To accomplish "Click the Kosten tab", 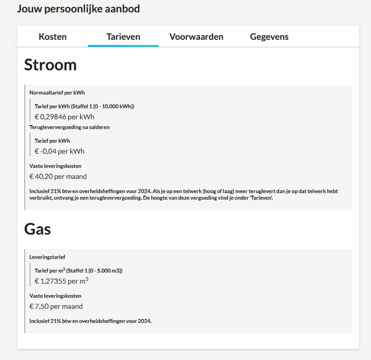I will click(x=52, y=37).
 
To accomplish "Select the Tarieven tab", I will click(x=123, y=37).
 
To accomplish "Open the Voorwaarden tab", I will click(x=196, y=37).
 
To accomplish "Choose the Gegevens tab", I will click(x=269, y=37).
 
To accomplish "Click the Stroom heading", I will click(x=50, y=65).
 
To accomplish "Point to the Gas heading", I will click(x=37, y=229).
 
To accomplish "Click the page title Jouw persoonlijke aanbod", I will click(x=78, y=9).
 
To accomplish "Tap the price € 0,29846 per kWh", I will click(x=64, y=117).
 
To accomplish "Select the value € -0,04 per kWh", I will click(x=59, y=151).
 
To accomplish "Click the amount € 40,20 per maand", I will click(x=58, y=176).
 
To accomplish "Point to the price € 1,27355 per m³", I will click(x=62, y=281).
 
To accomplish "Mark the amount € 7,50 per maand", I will click(x=56, y=306).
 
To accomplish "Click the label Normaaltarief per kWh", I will click(x=57, y=92).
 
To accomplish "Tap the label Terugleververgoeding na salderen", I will click(x=70, y=127).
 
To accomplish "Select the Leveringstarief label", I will click(x=47, y=256).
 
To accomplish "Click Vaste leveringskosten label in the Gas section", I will click(x=56, y=296).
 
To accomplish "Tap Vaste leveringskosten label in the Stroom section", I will click(x=56, y=166).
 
